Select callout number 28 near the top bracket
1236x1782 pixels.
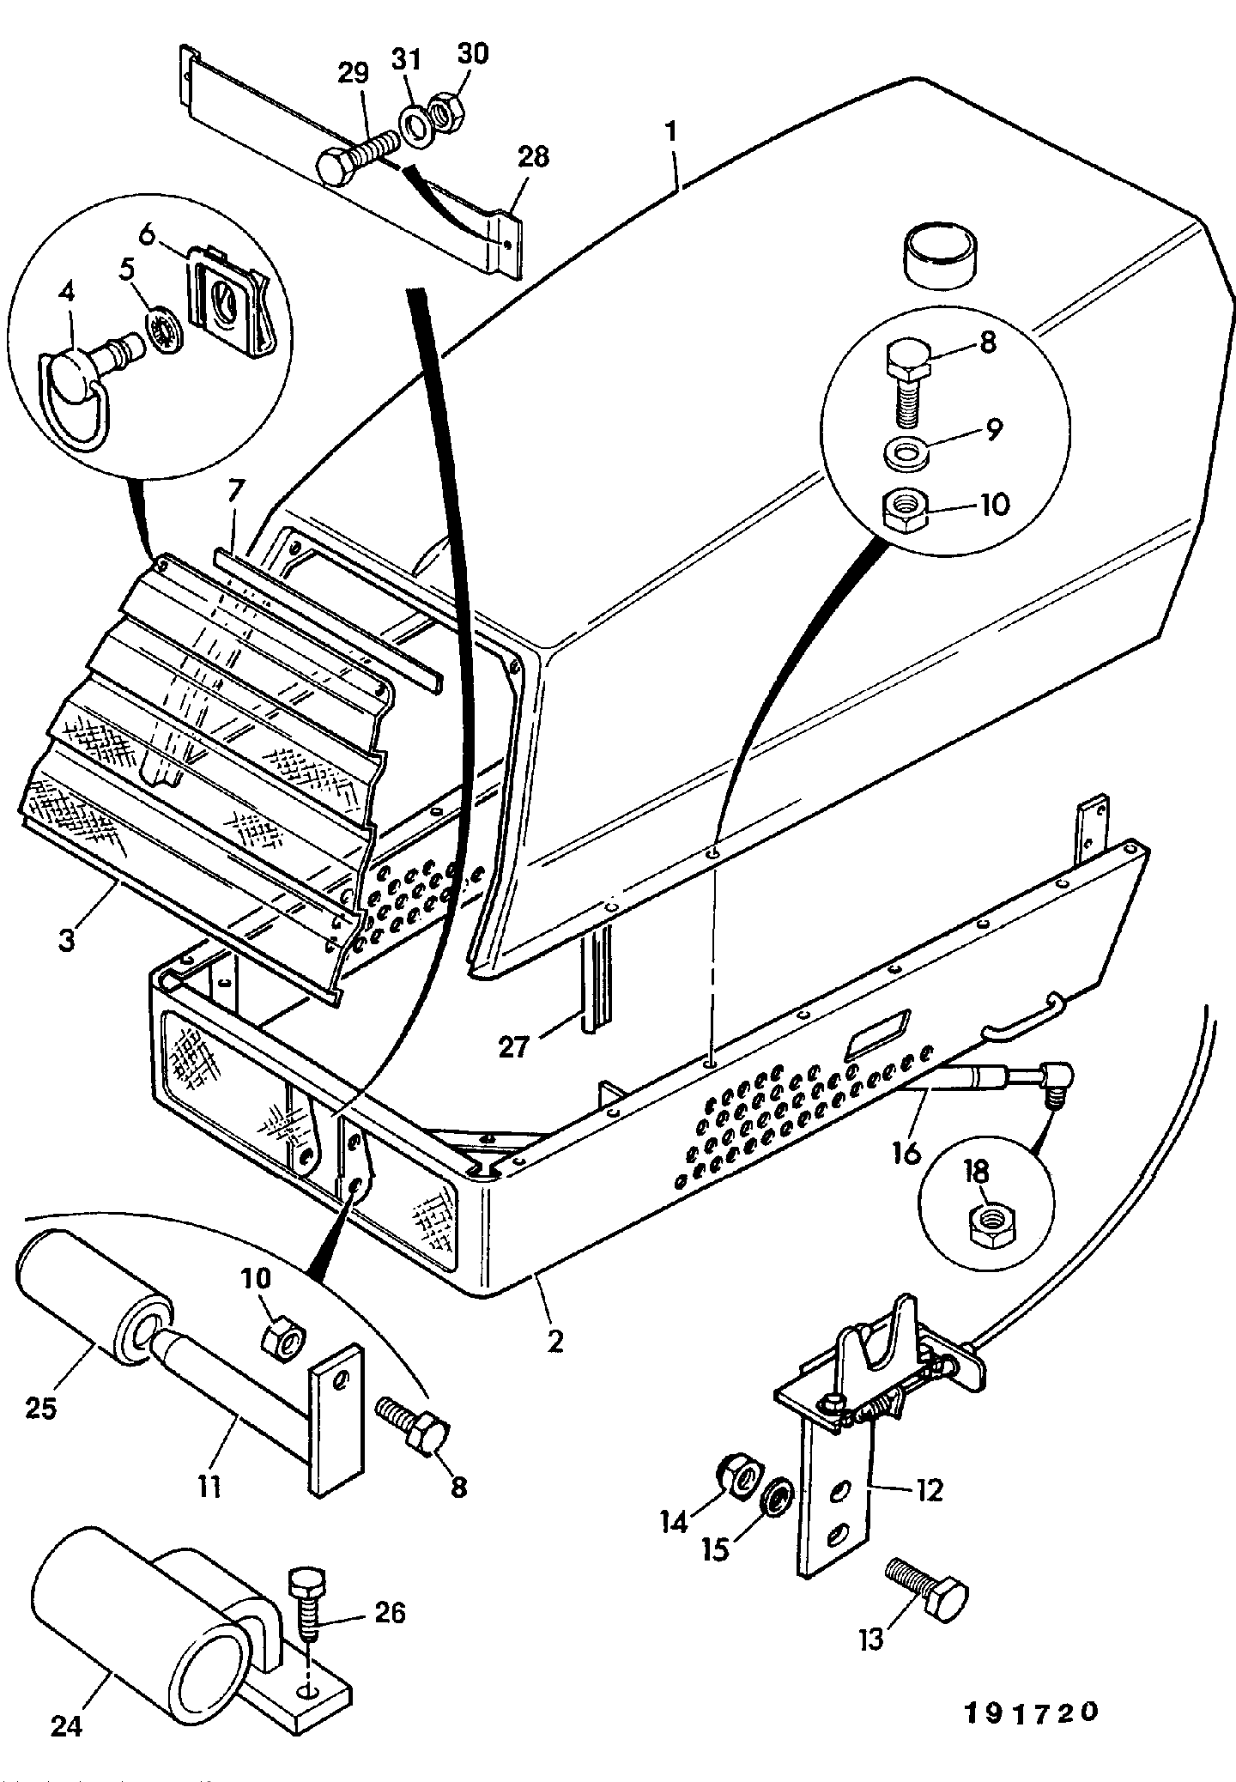pyautogui.click(x=533, y=157)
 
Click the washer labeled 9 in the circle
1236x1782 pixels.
pyautogui.click(x=906, y=452)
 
